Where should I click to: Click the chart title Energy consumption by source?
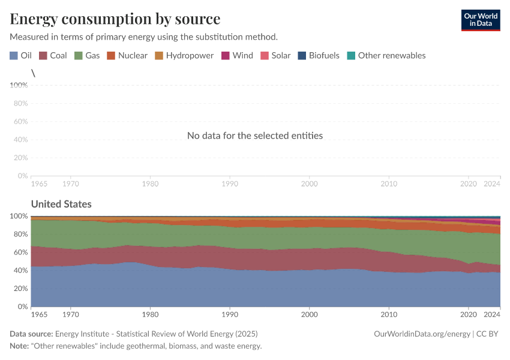(115, 19)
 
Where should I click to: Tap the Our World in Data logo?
(480, 20)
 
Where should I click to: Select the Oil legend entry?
(21, 55)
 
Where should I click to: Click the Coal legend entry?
(53, 55)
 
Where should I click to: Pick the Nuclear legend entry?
(127, 55)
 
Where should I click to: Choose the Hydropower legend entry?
(184, 55)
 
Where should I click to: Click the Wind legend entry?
(238, 55)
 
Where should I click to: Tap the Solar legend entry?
(275, 55)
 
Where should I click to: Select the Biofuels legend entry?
(319, 55)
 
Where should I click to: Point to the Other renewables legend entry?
(386, 55)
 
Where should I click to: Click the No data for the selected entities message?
(255, 136)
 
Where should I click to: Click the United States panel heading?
(61, 204)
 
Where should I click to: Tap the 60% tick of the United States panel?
(20, 252)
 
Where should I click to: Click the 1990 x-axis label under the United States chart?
(229, 314)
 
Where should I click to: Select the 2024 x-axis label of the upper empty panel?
(492, 183)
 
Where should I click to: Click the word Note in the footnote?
(20, 346)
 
